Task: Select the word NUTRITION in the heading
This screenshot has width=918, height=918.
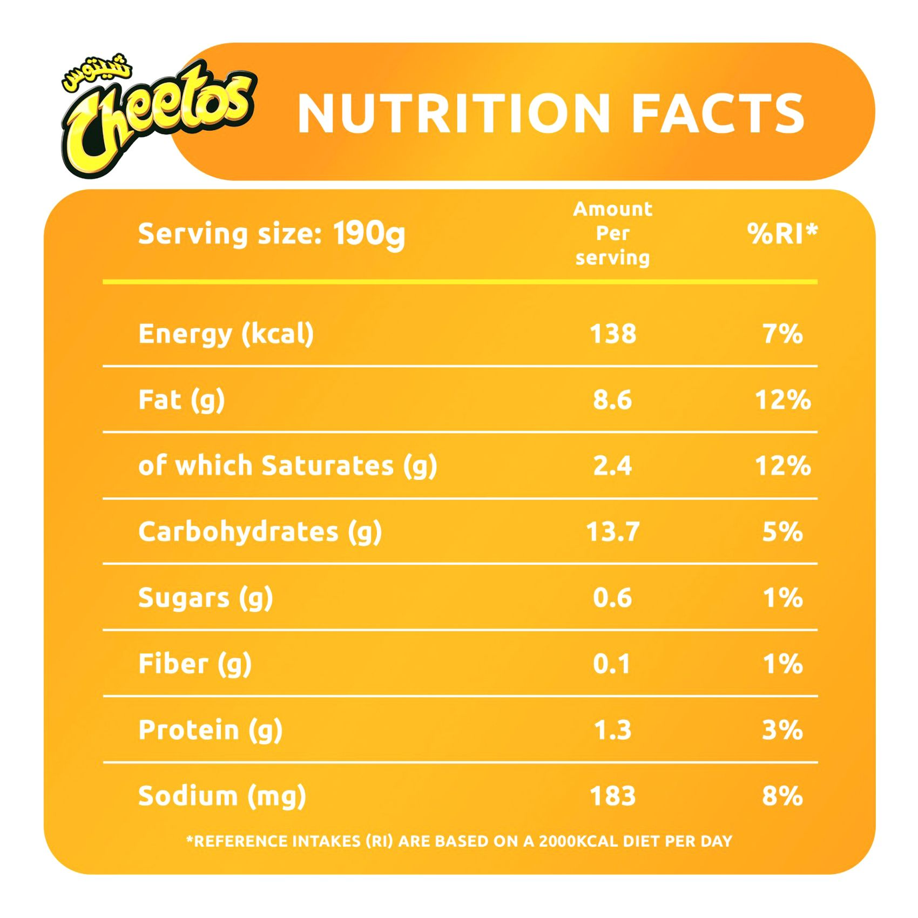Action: pyautogui.click(x=454, y=113)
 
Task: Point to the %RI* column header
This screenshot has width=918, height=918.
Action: pyautogui.click(x=782, y=234)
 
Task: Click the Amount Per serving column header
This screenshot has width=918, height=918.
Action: pyautogui.click(x=612, y=233)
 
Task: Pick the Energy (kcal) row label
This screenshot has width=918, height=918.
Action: pyautogui.click(x=226, y=334)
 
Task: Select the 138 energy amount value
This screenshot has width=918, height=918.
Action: pyautogui.click(x=612, y=334)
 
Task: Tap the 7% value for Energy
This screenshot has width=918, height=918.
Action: pyautogui.click(x=782, y=334)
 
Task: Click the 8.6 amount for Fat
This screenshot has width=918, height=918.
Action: pyautogui.click(x=612, y=400)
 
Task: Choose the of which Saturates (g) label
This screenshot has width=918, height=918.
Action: pyautogui.click(x=287, y=466)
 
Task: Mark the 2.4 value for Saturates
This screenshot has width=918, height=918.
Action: pyautogui.click(x=612, y=466)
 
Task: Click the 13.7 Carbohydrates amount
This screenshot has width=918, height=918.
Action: pyautogui.click(x=612, y=532)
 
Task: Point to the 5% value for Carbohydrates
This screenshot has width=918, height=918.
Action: pyautogui.click(x=782, y=532)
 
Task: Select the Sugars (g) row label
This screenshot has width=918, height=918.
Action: pyautogui.click(x=205, y=598)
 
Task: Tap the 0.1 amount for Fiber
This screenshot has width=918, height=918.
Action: pyautogui.click(x=611, y=664)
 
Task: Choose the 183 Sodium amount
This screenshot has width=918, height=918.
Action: pyautogui.click(x=612, y=796)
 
